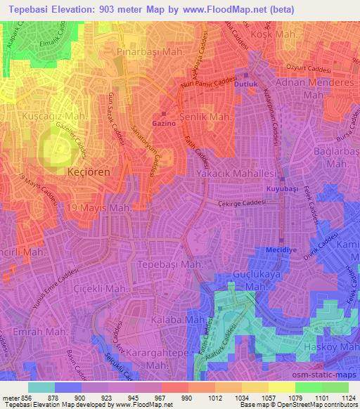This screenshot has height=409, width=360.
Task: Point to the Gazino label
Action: (x=163, y=122)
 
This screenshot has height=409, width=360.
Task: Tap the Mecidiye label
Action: (x=281, y=249)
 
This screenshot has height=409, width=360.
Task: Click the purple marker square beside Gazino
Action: (x=164, y=112)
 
